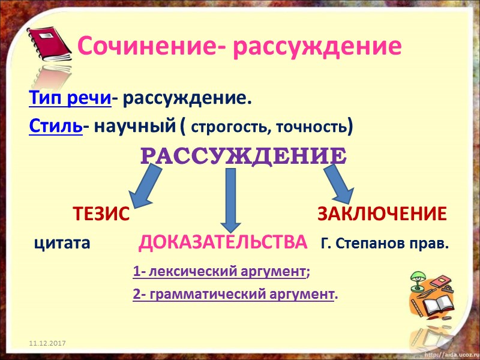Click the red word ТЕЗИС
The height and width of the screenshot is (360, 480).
click(x=101, y=214)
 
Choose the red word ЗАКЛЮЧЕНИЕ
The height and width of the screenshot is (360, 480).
click(x=382, y=214)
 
